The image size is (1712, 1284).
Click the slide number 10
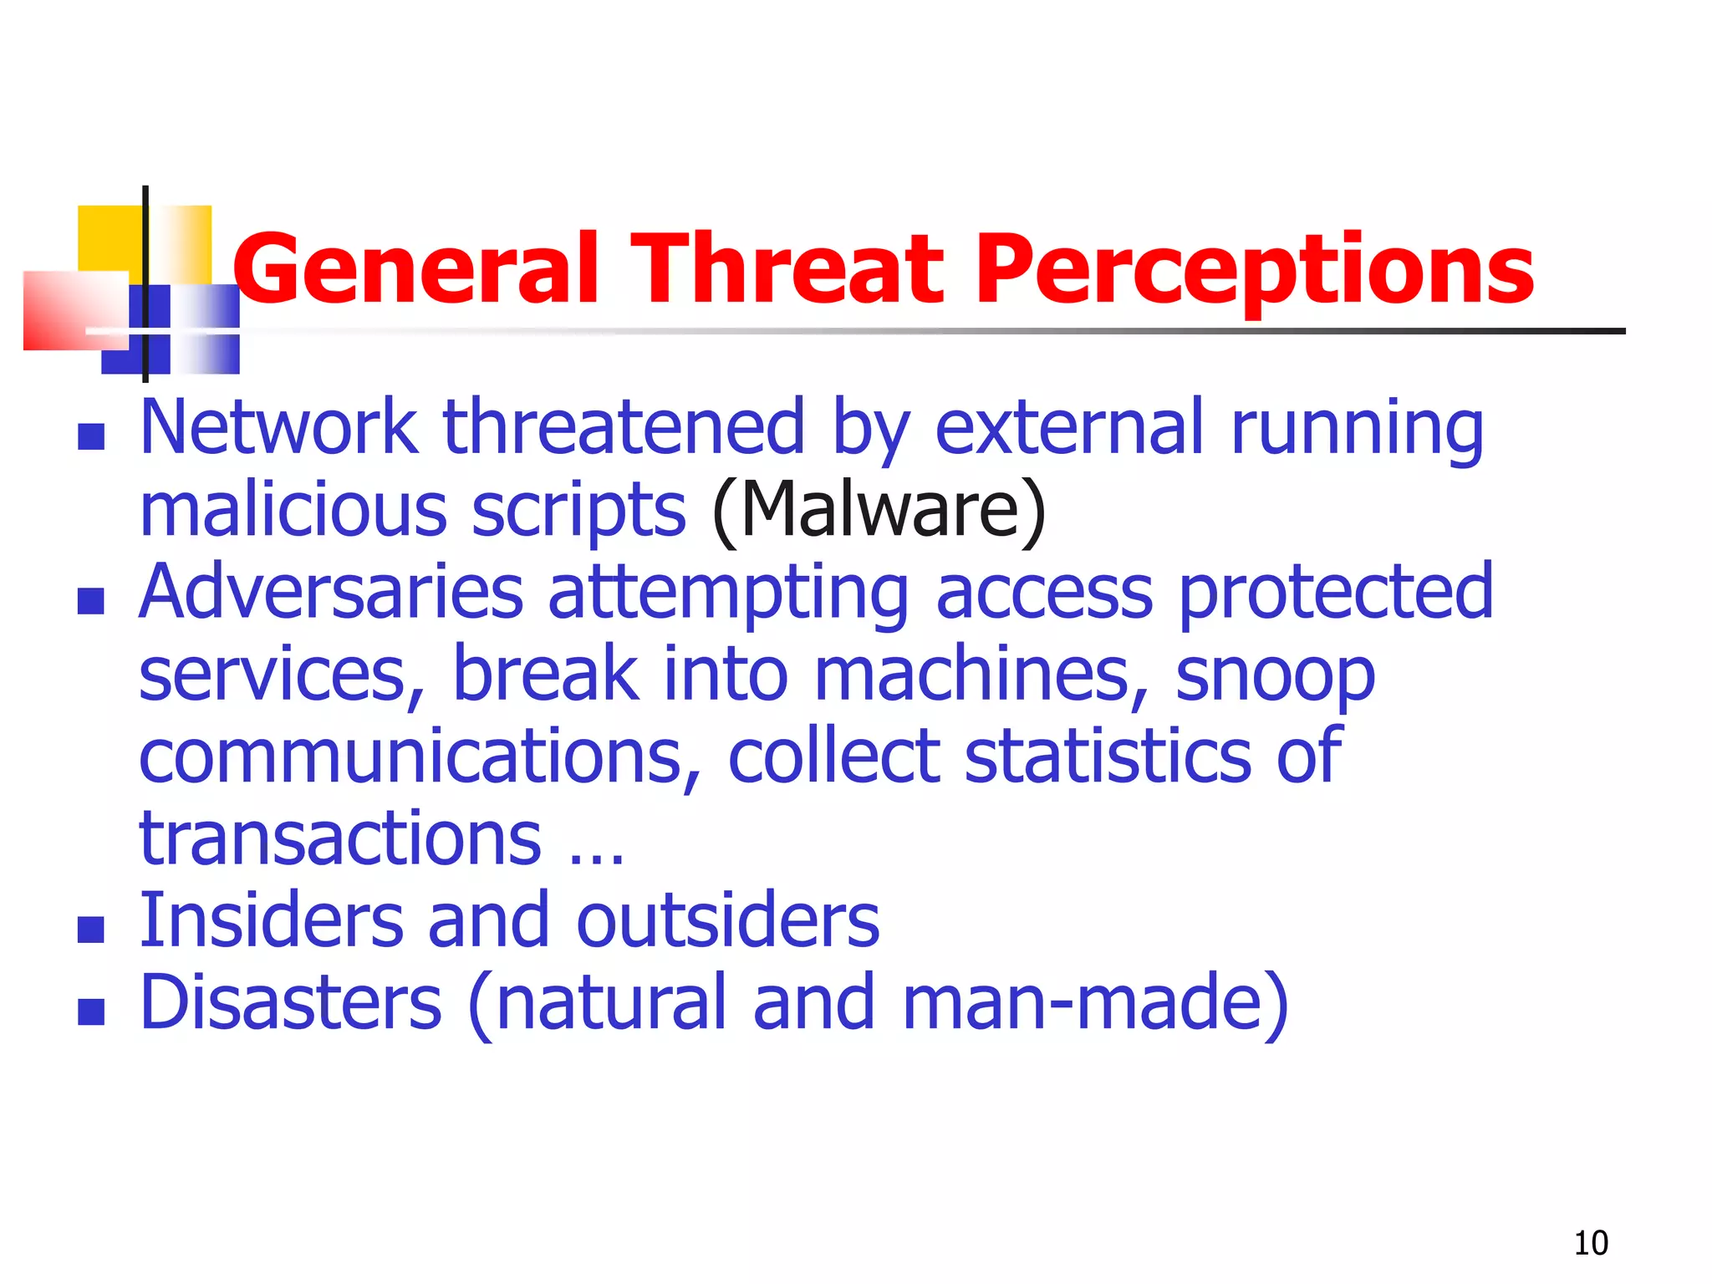1591,1243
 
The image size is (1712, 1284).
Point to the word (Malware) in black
879,510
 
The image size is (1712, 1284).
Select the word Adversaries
331,592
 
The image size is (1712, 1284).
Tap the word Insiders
273,920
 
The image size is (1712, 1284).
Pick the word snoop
1275,675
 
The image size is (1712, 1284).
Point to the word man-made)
1095,1002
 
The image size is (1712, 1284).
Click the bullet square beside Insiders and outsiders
91,929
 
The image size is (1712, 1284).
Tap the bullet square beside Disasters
91,1011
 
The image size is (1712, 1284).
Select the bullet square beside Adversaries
91,600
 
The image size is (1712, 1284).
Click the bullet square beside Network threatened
91,436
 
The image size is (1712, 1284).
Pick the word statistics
1108,757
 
